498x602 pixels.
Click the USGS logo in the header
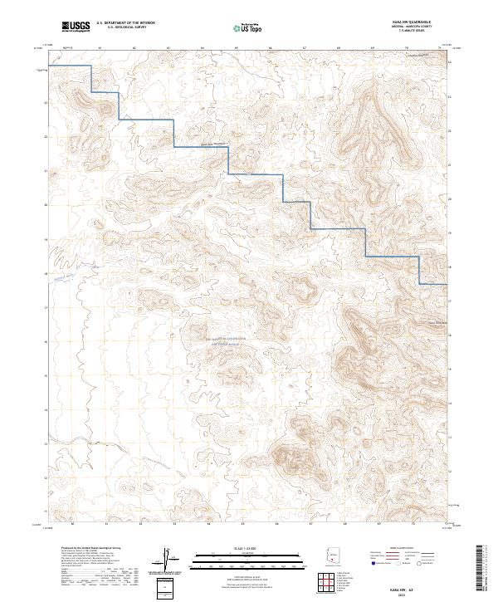click(76, 27)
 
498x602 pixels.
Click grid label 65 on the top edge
click(237, 48)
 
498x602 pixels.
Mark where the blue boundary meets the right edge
click(448, 285)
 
